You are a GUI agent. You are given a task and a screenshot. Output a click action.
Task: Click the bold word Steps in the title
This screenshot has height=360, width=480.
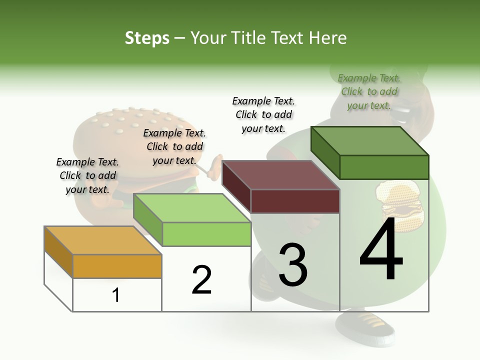click(147, 38)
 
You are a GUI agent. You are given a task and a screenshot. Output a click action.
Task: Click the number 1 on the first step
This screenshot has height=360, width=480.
click(116, 295)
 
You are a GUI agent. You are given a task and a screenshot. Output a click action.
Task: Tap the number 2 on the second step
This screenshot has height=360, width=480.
click(201, 280)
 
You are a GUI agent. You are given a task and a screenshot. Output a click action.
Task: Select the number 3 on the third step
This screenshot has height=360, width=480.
click(293, 265)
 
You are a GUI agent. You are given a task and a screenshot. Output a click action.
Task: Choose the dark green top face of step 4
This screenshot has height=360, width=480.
click(369, 140)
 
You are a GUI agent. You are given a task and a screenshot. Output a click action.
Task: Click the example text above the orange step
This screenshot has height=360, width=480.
click(87, 175)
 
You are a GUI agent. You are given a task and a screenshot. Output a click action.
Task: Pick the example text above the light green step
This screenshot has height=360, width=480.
click(174, 146)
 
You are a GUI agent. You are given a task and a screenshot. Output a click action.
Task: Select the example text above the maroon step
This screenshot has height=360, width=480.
click(263, 114)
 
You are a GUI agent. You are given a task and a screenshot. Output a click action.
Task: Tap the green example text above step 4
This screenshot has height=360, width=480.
click(369, 91)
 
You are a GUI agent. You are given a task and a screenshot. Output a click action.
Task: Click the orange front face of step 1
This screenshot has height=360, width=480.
click(117, 266)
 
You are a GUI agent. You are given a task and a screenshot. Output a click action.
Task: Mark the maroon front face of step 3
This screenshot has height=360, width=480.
click(295, 201)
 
